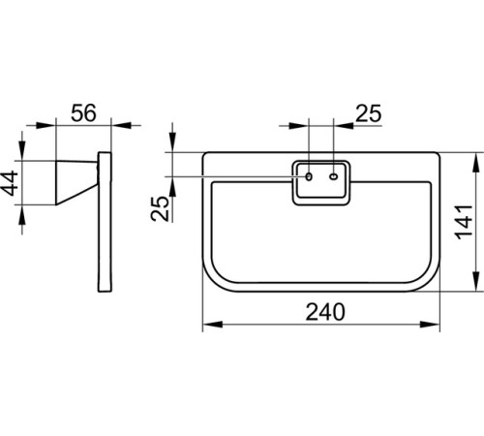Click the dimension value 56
tap(83, 113)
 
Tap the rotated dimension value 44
tap(10, 183)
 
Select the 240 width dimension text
tap(325, 312)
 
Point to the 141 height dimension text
tap(465, 222)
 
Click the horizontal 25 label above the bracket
tap(369, 113)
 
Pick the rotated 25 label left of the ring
tap(160, 208)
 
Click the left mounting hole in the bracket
tap(309, 176)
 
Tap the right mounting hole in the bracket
tap(334, 176)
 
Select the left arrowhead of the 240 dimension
tap(213, 325)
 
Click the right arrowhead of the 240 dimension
tap(430, 325)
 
